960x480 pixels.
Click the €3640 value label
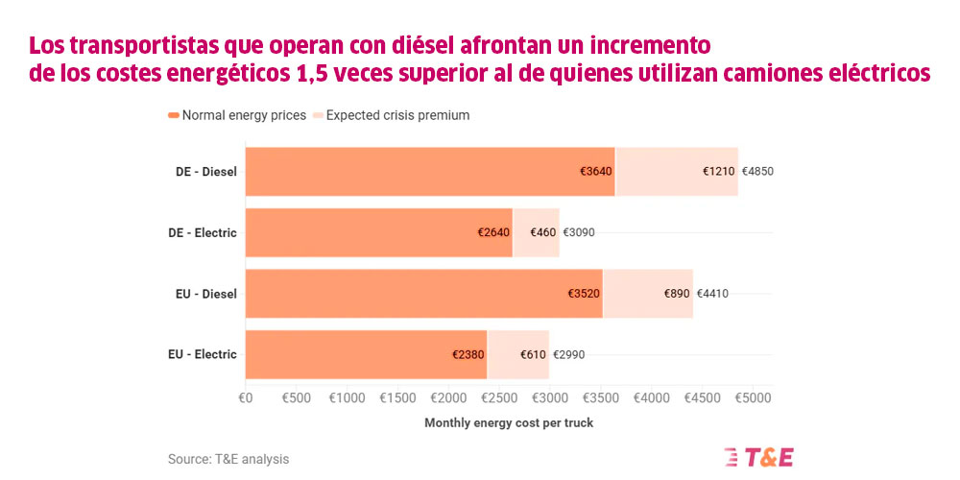click(595, 172)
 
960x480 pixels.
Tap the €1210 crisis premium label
click(718, 172)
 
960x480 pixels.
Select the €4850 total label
click(757, 172)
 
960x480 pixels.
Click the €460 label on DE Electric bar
click(541, 232)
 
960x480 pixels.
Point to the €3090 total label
click(579, 232)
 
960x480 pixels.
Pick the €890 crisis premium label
click(677, 294)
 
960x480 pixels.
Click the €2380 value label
click(468, 354)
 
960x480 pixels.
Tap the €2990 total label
click(568, 354)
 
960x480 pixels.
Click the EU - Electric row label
click(202, 354)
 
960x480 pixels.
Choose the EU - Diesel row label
click(205, 294)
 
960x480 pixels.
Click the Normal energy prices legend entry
click(237, 115)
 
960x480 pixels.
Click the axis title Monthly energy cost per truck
click(509, 422)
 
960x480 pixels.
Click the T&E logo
click(758, 457)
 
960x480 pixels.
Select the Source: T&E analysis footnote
click(228, 459)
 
